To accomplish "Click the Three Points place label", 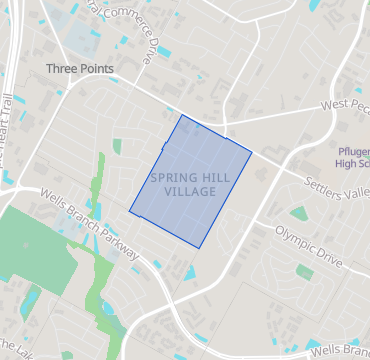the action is coord(79,69).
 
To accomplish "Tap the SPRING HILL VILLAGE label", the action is coord(181,184).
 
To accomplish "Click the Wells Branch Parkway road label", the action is coord(90,218).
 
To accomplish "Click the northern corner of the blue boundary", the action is coord(181,115).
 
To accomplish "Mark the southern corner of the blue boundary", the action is coord(201,247).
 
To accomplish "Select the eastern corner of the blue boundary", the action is coord(251,153).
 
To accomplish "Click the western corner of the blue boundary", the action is coord(129,210).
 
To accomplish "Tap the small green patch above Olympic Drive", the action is coord(299,213).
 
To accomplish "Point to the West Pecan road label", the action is coord(344,104).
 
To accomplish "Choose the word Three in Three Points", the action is coord(62,69).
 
